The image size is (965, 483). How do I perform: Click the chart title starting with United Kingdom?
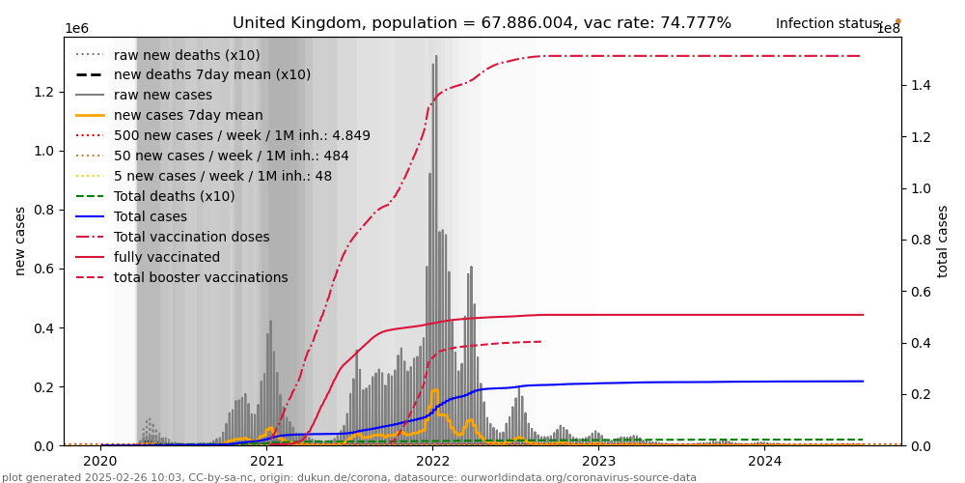point(482,23)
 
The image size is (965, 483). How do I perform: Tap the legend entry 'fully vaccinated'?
point(167,257)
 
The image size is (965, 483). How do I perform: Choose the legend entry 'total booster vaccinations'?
point(201,277)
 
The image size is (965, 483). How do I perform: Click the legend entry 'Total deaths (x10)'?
point(174,196)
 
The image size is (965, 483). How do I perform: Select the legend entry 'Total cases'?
point(151,216)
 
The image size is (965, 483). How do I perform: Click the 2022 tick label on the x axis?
point(432,461)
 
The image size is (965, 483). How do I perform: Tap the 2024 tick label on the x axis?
point(764,461)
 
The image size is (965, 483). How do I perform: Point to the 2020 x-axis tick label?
point(100,461)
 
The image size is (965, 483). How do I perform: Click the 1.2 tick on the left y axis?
point(45,92)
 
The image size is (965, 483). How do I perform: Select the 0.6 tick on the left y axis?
point(45,269)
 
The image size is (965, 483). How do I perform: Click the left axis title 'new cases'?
point(20,241)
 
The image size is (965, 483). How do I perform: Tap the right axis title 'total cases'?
point(944,241)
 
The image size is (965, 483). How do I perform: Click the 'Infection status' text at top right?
point(828,24)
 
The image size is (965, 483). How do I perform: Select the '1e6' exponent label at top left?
point(77,29)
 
